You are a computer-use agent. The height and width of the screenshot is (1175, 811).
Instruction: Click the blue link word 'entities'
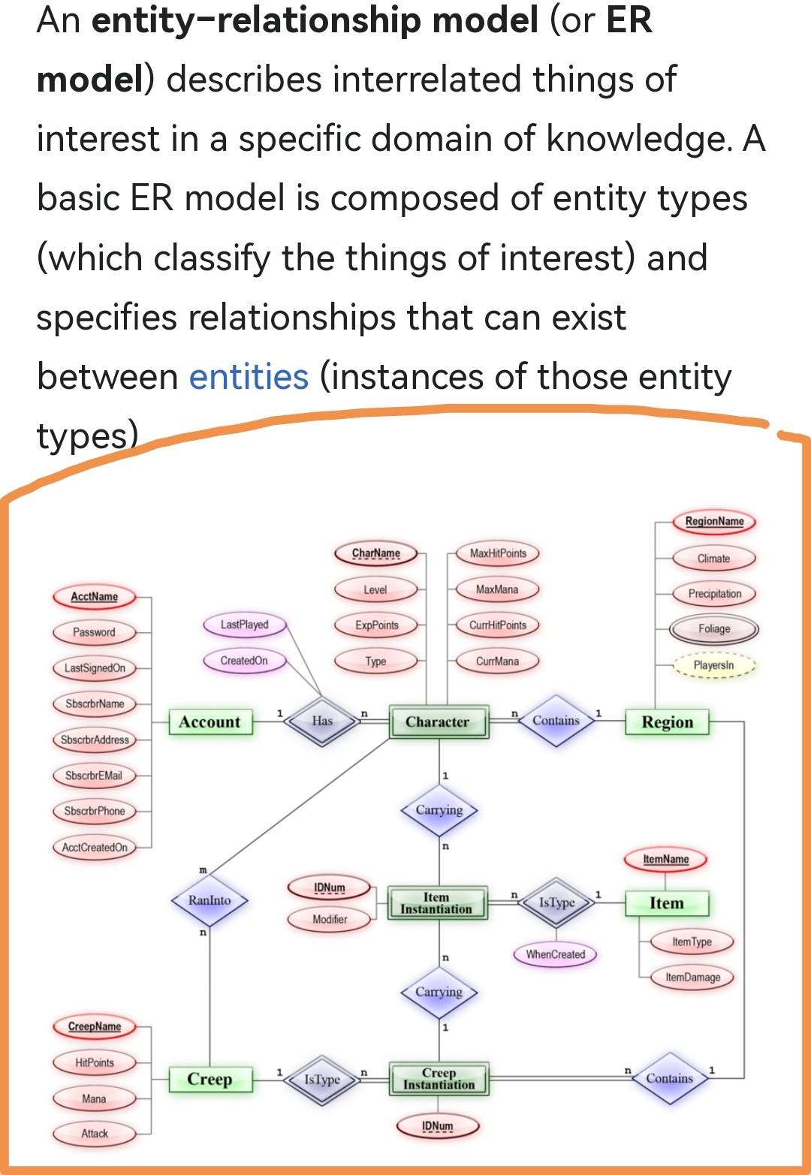click(248, 377)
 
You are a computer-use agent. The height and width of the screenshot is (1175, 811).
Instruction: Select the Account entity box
click(210, 722)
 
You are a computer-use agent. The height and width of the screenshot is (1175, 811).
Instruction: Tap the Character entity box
click(438, 722)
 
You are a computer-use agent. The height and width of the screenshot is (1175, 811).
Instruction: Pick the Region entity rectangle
click(667, 722)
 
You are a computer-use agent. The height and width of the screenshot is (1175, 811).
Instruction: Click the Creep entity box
click(210, 1079)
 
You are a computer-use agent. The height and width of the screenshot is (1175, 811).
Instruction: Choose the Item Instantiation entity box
click(437, 902)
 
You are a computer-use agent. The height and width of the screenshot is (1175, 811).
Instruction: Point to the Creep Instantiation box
click(439, 1079)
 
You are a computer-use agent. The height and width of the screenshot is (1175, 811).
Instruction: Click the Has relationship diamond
click(322, 721)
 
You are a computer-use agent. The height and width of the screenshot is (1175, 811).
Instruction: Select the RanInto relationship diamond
click(210, 899)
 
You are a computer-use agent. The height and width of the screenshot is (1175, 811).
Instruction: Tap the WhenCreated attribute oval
click(556, 954)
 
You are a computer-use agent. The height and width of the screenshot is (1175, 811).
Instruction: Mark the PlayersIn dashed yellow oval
click(713, 665)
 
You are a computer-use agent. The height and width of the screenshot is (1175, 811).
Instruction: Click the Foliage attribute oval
click(713, 629)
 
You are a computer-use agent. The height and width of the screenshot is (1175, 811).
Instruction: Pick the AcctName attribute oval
click(95, 597)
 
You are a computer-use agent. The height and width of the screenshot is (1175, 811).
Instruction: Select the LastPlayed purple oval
click(245, 625)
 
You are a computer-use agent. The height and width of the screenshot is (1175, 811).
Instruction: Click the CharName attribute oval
click(376, 553)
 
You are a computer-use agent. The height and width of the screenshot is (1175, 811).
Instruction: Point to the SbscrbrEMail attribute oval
click(94, 776)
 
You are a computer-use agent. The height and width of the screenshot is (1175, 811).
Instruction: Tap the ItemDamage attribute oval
click(692, 977)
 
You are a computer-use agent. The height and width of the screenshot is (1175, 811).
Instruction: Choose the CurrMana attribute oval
click(497, 661)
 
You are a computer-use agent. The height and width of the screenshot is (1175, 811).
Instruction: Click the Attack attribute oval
click(95, 1134)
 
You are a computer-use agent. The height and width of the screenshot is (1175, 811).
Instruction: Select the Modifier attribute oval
click(330, 919)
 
